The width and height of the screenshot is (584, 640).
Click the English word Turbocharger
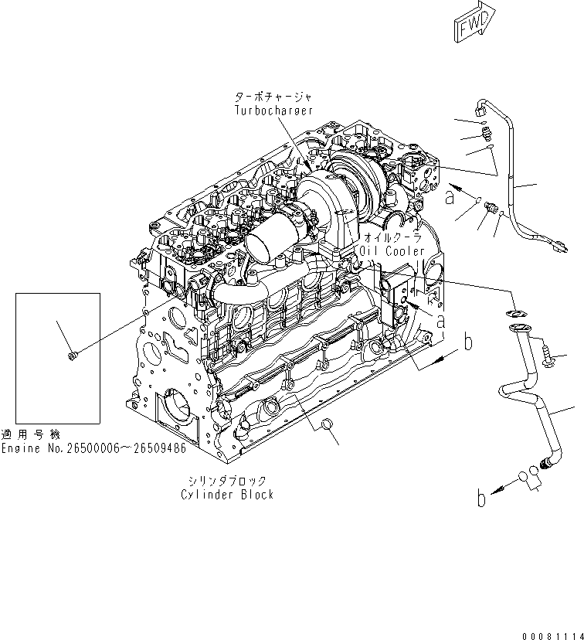pos(274,111)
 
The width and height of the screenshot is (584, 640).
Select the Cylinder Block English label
pos(227,495)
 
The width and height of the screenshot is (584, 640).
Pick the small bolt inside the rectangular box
pos(72,355)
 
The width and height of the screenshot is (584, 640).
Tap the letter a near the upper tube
pos(450,198)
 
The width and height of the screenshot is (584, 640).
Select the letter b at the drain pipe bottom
pos(481,499)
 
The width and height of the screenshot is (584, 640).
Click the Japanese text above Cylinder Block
pos(227,481)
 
